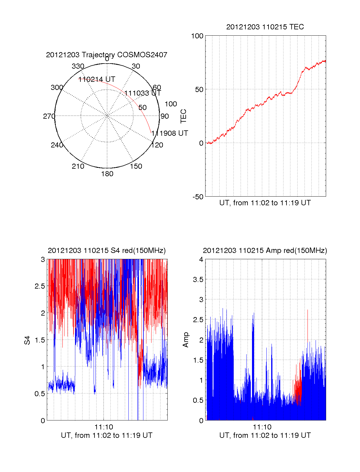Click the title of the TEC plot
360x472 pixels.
click(265, 27)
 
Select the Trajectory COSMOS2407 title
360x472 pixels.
click(106, 55)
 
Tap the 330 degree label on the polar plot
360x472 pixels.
click(78, 66)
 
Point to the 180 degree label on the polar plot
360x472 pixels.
click(107, 174)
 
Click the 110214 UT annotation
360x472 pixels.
click(97, 79)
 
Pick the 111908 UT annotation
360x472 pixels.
click(170, 133)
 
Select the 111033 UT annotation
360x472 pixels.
click(143, 93)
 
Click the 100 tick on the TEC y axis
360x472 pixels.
click(197, 36)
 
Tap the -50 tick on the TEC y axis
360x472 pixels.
click(198, 197)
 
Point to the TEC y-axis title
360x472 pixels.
click(183, 116)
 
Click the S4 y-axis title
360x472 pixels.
click(27, 340)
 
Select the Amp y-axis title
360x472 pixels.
click(186, 340)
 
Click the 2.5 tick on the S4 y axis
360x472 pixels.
click(40, 286)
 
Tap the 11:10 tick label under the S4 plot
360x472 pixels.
click(104, 427)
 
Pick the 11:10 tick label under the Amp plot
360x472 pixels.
click(262, 427)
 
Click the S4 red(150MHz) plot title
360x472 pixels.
click(106, 251)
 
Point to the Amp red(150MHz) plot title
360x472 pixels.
click(265, 251)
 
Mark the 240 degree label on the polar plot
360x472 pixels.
click(57, 145)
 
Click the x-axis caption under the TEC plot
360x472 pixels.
click(265, 203)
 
